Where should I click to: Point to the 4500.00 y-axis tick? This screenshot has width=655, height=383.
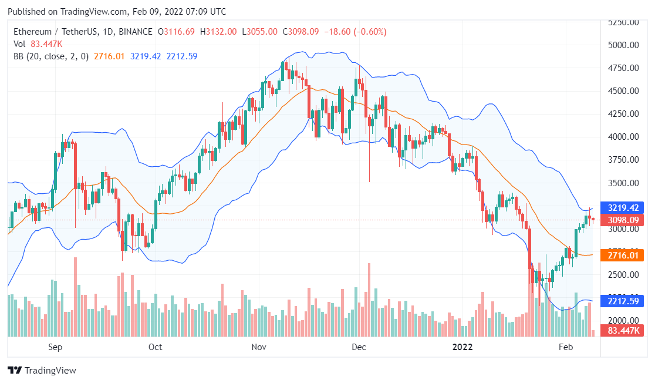point(623,91)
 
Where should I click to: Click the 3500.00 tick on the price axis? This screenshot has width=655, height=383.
point(623,183)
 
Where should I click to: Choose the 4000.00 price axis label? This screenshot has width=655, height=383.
point(623,137)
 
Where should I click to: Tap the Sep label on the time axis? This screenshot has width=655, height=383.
point(55,347)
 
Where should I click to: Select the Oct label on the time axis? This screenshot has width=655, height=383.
point(155,347)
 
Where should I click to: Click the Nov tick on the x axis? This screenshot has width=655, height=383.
point(259,347)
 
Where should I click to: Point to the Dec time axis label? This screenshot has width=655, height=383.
point(359,347)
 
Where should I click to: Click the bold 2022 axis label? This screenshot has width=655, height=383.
point(462,347)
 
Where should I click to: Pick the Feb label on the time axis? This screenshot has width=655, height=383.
point(565,347)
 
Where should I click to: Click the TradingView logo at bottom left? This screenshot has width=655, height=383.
point(42,371)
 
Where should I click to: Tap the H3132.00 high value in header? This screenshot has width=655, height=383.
point(218,31)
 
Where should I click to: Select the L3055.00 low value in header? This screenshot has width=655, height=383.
point(259,31)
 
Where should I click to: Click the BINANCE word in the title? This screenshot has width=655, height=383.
point(136,31)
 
